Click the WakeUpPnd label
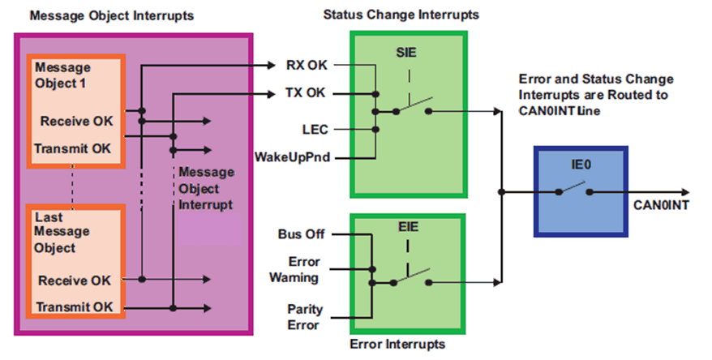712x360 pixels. coord(290,155)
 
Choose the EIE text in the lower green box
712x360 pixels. coord(407,229)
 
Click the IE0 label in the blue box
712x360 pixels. coord(581,165)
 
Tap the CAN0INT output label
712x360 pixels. coord(662,205)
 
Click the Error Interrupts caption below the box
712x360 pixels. coord(397,344)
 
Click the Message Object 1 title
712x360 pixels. coord(63,75)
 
